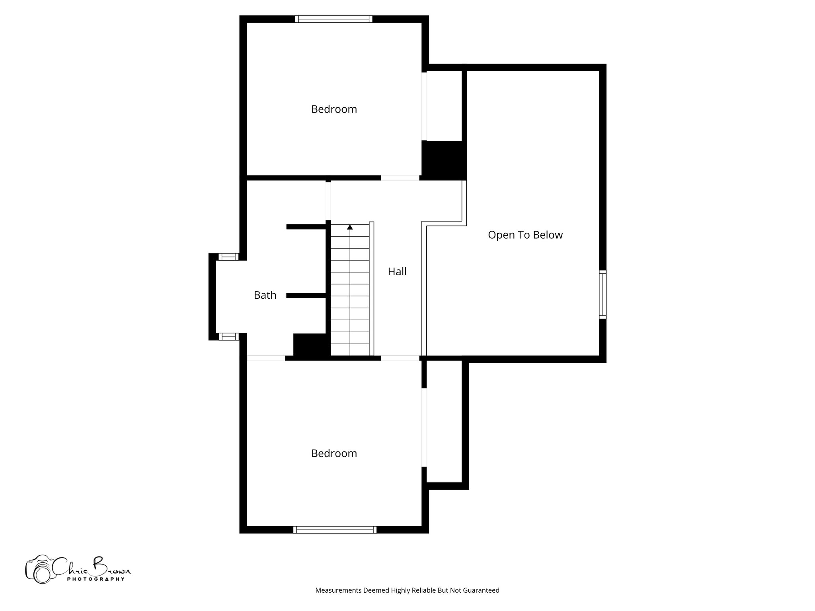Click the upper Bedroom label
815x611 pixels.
(x=334, y=109)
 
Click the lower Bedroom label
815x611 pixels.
(x=334, y=453)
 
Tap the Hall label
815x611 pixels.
(x=397, y=272)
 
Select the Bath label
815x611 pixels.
(x=265, y=295)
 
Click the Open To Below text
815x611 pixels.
(x=525, y=235)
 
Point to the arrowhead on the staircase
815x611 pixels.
(x=350, y=227)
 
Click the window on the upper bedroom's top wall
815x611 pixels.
(x=334, y=19)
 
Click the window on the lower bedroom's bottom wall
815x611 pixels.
(x=335, y=529)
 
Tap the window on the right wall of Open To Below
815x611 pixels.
(x=603, y=294)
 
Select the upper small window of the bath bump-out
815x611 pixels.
(x=228, y=257)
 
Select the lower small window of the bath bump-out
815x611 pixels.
(x=228, y=337)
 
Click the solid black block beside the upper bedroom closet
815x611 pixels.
(x=444, y=160)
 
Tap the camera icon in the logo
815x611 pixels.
(x=39, y=570)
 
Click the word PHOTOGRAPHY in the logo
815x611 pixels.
(x=96, y=579)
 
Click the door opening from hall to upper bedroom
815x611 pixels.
(x=400, y=178)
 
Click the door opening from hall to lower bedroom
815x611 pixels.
(x=400, y=358)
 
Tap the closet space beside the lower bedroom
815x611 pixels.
(x=444, y=422)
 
